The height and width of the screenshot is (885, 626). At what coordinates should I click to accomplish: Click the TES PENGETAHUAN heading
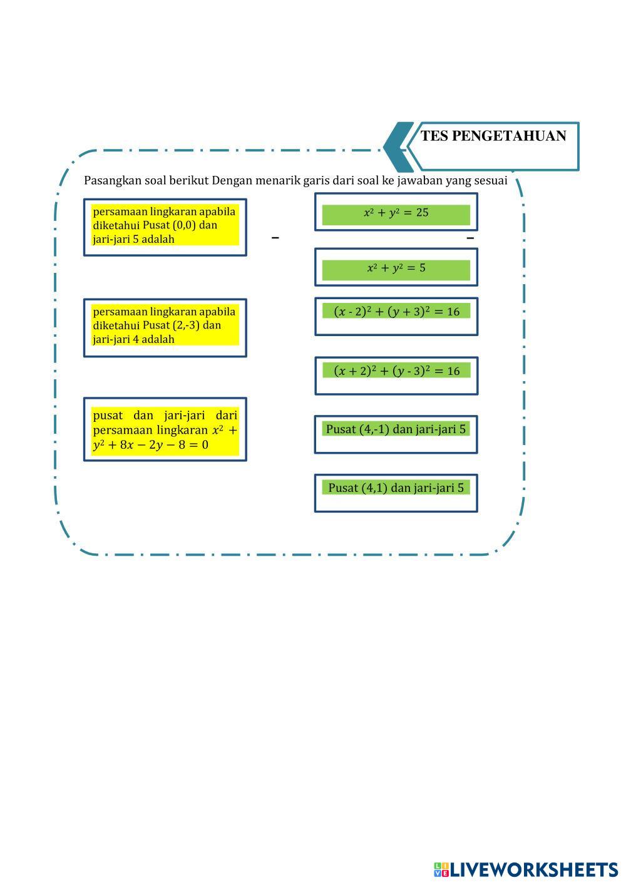(493, 136)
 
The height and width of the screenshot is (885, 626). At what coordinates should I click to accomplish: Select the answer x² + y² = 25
(396, 212)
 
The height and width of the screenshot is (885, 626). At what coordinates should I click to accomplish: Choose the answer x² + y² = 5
(396, 267)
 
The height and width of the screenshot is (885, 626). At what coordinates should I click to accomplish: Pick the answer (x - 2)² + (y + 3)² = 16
(396, 317)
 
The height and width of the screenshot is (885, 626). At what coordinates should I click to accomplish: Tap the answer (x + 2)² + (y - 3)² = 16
(396, 376)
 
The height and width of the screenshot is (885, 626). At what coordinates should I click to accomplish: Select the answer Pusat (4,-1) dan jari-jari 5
(396, 434)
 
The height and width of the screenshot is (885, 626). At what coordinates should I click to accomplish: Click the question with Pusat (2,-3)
(165, 328)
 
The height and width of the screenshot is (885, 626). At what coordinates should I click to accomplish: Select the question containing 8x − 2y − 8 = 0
(165, 429)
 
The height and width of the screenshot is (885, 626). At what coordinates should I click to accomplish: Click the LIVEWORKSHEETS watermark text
(534, 869)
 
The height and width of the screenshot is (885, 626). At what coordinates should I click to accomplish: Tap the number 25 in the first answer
(422, 213)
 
